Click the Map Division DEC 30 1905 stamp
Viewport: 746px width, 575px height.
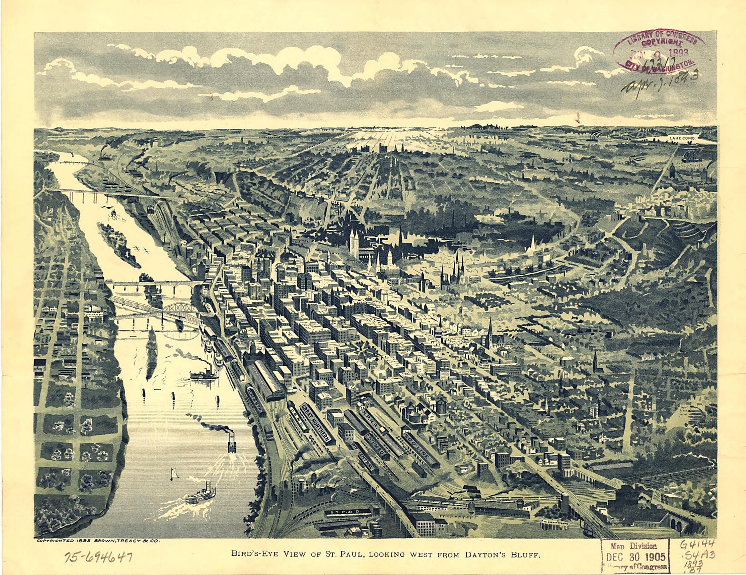[635, 556]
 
